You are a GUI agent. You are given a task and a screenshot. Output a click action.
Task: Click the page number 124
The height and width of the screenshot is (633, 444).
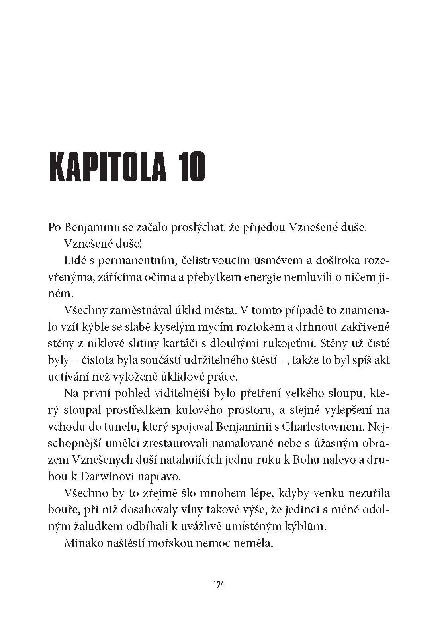219,586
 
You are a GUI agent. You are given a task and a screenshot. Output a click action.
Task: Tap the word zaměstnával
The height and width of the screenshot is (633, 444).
143,311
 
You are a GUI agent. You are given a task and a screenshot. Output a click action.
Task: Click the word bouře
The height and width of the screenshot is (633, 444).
60,509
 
